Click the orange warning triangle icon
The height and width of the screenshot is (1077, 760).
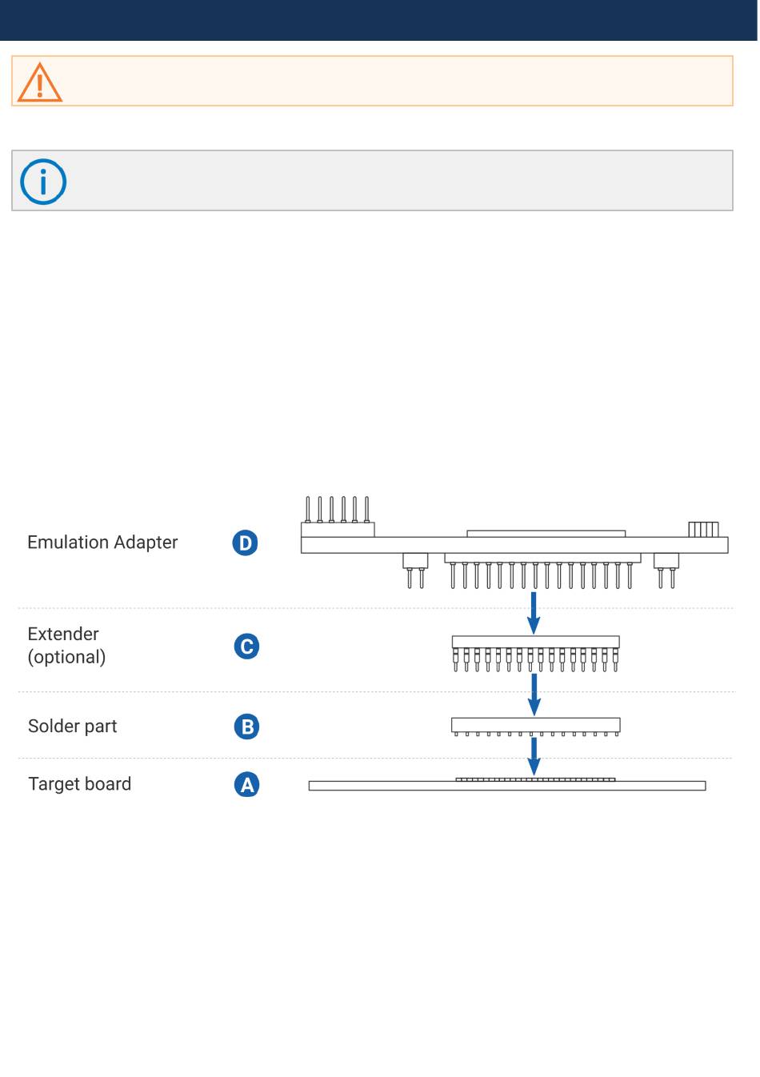click(x=39, y=82)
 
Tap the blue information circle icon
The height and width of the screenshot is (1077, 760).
click(x=43, y=182)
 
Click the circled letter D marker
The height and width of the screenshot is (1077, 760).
click(x=245, y=543)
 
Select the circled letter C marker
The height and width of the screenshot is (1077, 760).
click(x=246, y=647)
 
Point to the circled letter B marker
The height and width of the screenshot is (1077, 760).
click(x=247, y=727)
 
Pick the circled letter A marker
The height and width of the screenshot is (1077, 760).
click(x=247, y=785)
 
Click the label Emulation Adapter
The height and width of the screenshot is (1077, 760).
click(x=102, y=543)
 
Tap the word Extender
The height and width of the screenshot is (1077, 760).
click(x=63, y=634)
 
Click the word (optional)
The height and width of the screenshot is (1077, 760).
click(x=66, y=657)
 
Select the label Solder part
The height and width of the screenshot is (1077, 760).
click(x=72, y=727)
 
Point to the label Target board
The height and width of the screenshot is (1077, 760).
click(x=79, y=784)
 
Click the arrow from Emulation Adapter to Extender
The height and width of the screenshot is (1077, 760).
click(x=534, y=612)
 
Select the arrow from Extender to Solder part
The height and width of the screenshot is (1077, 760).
click(x=534, y=695)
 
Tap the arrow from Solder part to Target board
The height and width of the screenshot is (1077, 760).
click(x=534, y=756)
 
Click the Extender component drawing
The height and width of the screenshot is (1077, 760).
click(x=535, y=651)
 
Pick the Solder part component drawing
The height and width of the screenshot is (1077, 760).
click(x=535, y=726)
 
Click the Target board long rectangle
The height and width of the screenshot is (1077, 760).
click(x=507, y=787)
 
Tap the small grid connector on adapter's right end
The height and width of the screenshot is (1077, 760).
click(x=703, y=530)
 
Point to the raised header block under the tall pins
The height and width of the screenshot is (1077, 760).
click(x=338, y=529)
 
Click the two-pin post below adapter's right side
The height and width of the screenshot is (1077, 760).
click(x=666, y=569)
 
